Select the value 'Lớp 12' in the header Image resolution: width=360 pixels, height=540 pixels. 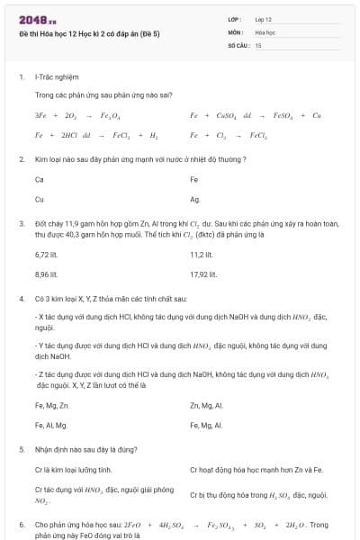pyautogui.click(x=264, y=18)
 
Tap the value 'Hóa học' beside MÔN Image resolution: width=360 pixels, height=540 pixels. pyautogui.click(x=265, y=31)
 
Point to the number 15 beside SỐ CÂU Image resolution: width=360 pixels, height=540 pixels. pyautogui.click(x=258, y=44)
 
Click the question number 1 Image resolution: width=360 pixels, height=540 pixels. pyautogui.click(x=21, y=78)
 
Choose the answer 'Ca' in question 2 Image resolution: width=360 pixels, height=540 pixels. pyautogui.click(x=40, y=179)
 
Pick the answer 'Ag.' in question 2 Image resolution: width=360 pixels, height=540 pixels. pyautogui.click(x=195, y=199)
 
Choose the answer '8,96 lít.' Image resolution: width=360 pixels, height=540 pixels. pyautogui.click(x=47, y=274)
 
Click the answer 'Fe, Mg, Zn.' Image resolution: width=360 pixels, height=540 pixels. pyautogui.click(x=51, y=405)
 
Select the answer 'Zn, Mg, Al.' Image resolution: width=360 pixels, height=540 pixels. pyautogui.click(x=206, y=405)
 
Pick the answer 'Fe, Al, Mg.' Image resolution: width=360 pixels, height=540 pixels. pyautogui.click(x=51, y=425)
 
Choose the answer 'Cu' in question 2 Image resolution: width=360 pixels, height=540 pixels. pyautogui.click(x=40, y=199)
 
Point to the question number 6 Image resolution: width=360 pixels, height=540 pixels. pyautogui.click(x=21, y=524)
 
